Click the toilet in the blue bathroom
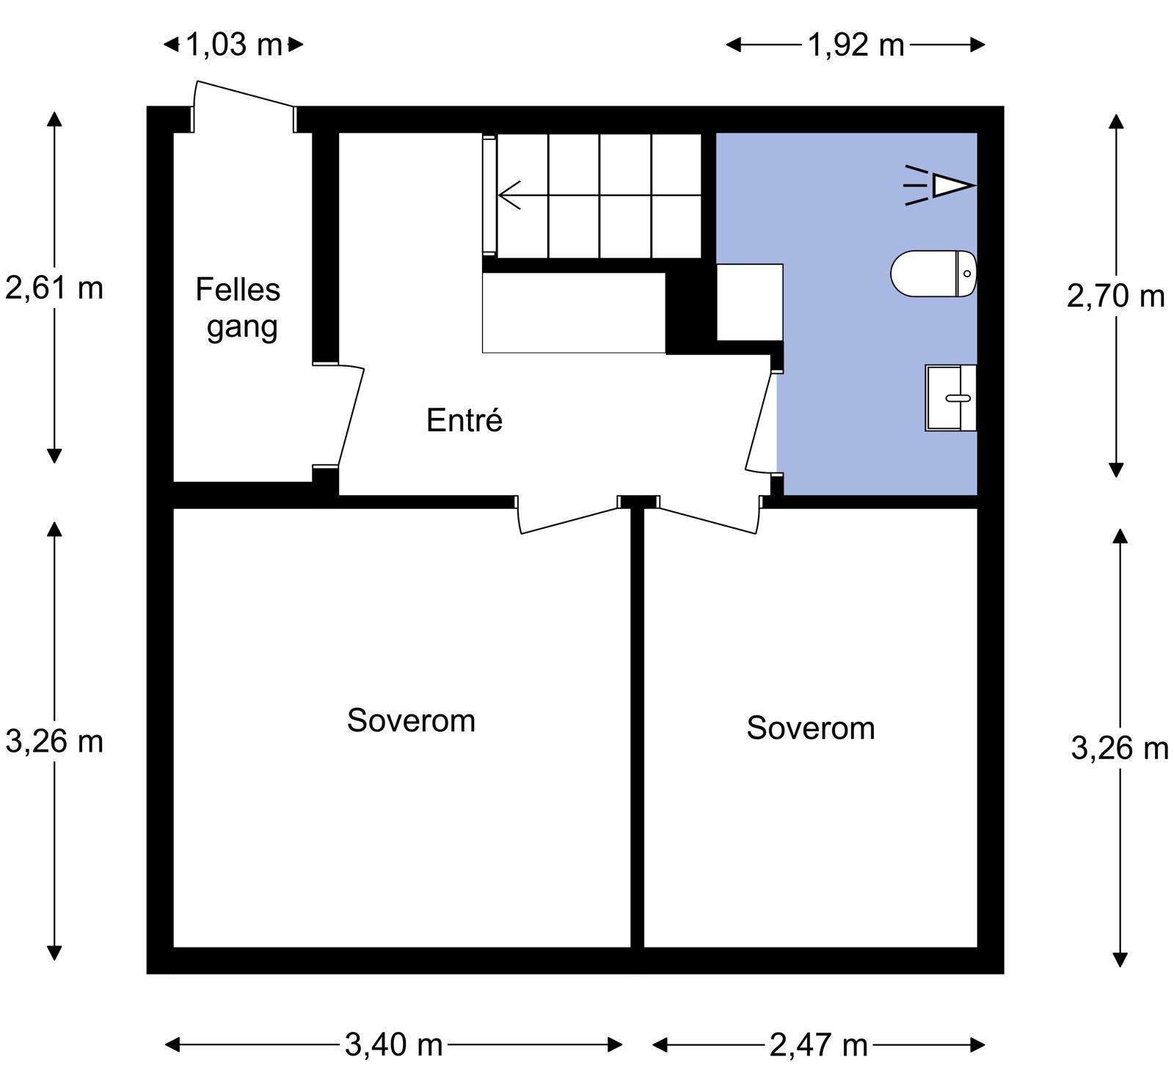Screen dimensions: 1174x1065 click(933, 274)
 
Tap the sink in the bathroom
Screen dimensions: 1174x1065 click(951, 398)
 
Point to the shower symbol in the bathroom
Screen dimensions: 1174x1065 click(938, 185)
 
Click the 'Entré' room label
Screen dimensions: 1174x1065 click(464, 420)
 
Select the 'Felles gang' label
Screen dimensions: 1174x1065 click(238, 308)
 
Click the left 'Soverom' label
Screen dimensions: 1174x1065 click(411, 720)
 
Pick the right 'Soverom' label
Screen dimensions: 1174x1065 click(811, 728)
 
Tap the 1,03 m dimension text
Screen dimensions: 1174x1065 click(234, 45)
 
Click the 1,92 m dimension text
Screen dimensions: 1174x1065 click(856, 45)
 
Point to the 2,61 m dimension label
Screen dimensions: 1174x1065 click(54, 288)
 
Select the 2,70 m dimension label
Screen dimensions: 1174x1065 click(1115, 296)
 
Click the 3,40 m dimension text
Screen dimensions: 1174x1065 click(393, 1044)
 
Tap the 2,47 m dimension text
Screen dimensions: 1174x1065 click(818, 1044)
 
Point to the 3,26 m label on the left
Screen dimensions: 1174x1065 click(54, 742)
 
